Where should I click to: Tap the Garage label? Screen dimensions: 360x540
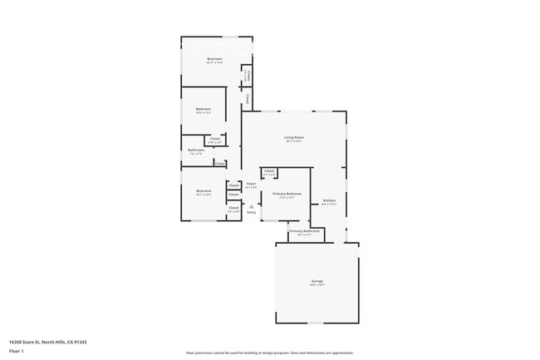[317, 282]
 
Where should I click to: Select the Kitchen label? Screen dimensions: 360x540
[329, 200]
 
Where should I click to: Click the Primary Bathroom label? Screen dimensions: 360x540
[301, 230]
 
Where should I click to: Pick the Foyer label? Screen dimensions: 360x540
[251, 184]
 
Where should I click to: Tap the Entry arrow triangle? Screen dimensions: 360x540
[252, 206]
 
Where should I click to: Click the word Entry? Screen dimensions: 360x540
[252, 212]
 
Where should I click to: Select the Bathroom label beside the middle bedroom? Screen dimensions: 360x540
[196, 150]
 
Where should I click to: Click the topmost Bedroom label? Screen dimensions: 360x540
[214, 59]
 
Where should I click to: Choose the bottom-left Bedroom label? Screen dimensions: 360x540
[204, 191]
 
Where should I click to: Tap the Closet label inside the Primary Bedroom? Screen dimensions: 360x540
[269, 171]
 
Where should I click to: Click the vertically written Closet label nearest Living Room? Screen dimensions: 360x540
[248, 99]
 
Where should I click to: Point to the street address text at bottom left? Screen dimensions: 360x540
[48, 342]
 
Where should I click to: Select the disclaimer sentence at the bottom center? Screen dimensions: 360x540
[270, 352]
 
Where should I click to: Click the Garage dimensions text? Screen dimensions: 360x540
[317, 286]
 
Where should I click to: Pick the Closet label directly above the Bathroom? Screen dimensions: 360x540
[214, 138]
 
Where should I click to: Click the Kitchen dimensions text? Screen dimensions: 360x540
[329, 204]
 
